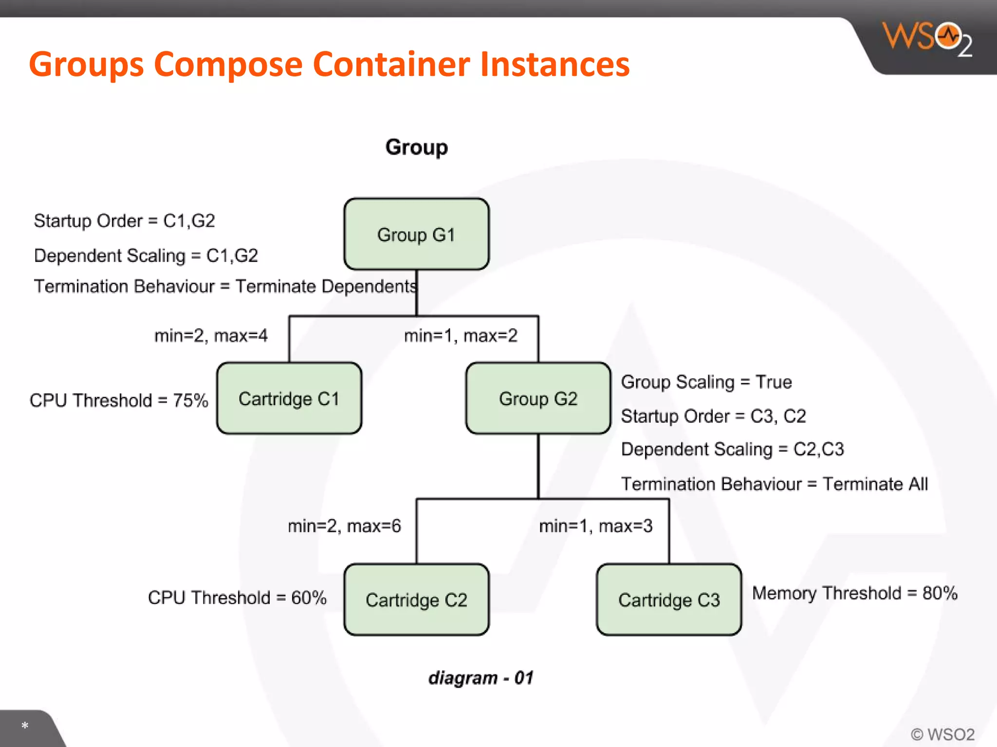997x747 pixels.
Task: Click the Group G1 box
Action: (416, 234)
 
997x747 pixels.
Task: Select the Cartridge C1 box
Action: (289, 398)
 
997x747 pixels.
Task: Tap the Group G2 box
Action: (538, 398)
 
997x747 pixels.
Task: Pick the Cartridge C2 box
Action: (416, 600)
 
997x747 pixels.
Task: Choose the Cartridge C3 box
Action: (669, 600)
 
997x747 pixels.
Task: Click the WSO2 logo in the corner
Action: (927, 39)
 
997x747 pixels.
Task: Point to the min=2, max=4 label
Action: (211, 336)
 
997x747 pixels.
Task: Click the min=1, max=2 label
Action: (461, 336)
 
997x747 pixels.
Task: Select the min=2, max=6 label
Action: (344, 526)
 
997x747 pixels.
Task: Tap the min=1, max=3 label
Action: (595, 526)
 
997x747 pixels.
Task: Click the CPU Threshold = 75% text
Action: (119, 400)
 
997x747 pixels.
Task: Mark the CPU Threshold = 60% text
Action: (237, 598)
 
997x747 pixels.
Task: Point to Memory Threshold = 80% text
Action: (854, 593)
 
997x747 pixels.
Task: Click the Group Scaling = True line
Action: (706, 382)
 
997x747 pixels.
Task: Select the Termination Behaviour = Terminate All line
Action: (774, 484)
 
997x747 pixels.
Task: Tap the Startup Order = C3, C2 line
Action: (713, 416)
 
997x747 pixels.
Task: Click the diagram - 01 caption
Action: (480, 677)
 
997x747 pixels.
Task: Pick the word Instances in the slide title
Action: (554, 64)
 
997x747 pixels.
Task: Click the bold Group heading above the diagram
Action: (416, 147)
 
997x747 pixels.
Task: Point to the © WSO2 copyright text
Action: (942, 734)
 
